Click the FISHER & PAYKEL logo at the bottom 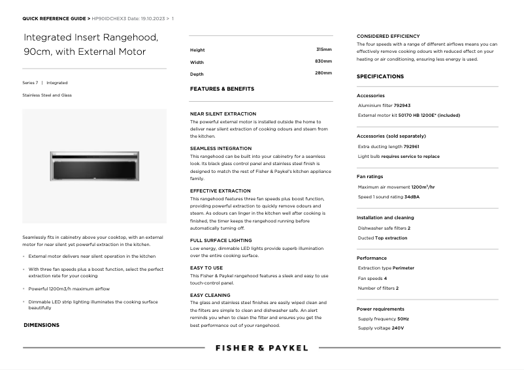pos(261,348)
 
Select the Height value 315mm pos(323,50)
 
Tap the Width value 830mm pos(323,61)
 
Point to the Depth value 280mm pos(323,73)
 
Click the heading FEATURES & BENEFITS pos(222,89)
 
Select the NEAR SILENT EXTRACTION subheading pos(223,114)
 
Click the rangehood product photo pos(94,166)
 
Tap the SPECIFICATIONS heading pos(380,76)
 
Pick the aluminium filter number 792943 pos(403,105)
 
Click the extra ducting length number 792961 pos(412,147)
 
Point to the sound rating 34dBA pos(412,196)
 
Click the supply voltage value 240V pos(397,328)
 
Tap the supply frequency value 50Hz pos(403,318)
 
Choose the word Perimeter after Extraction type pos(404,268)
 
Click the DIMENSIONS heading pos(41,325)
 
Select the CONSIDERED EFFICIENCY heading pos(388,36)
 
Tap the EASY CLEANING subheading pos(210,295)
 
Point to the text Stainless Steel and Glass pos(47,95)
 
